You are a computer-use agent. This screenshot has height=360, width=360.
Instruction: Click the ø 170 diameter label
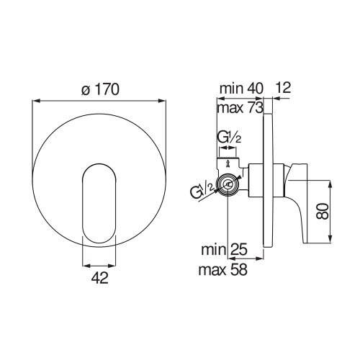click(x=100, y=91)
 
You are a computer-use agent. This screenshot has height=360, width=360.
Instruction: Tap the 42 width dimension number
click(x=100, y=279)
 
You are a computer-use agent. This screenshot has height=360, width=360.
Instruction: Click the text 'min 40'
click(x=240, y=89)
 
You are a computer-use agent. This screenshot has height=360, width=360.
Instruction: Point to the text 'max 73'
click(x=240, y=107)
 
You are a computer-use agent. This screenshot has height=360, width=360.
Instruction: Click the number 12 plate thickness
click(x=283, y=89)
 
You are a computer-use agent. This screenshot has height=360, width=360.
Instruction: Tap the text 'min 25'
click(x=225, y=252)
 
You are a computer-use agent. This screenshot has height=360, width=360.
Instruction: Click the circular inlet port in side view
click(x=228, y=186)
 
